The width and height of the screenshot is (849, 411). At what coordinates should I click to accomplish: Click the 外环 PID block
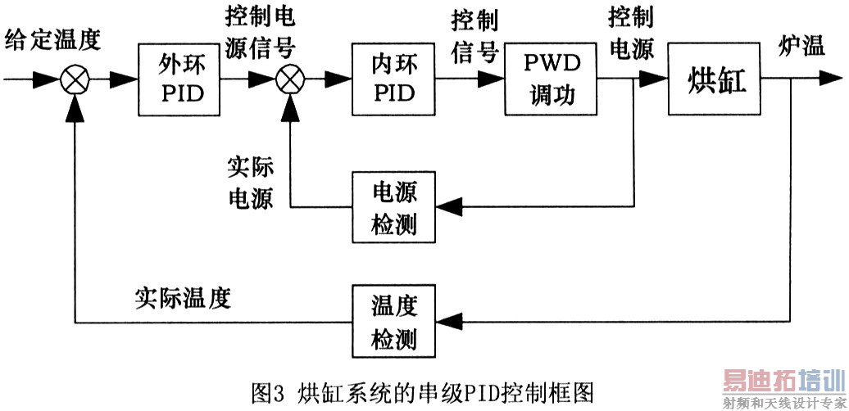pyautogui.click(x=182, y=80)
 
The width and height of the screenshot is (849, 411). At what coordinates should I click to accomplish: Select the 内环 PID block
pyautogui.click(x=394, y=80)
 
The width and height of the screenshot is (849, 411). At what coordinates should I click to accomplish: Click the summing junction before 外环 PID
pyautogui.click(x=75, y=80)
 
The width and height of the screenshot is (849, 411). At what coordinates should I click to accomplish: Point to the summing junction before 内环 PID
pyautogui.click(x=288, y=80)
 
